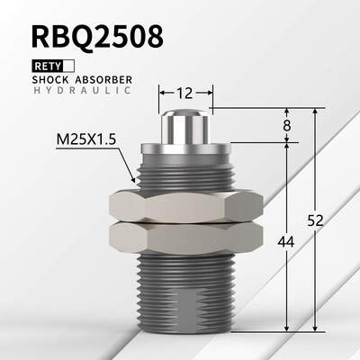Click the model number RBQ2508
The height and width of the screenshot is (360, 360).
98,36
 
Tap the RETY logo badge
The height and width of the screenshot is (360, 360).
53,67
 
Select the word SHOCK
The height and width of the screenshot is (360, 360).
50,80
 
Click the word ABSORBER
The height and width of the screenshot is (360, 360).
103,80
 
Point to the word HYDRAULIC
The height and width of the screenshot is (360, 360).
82,90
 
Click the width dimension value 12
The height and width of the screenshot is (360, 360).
184,93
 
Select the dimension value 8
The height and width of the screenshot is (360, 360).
287,125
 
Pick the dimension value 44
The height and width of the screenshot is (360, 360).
285,242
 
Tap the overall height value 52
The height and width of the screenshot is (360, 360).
316,220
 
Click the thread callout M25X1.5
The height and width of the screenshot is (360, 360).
85,139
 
